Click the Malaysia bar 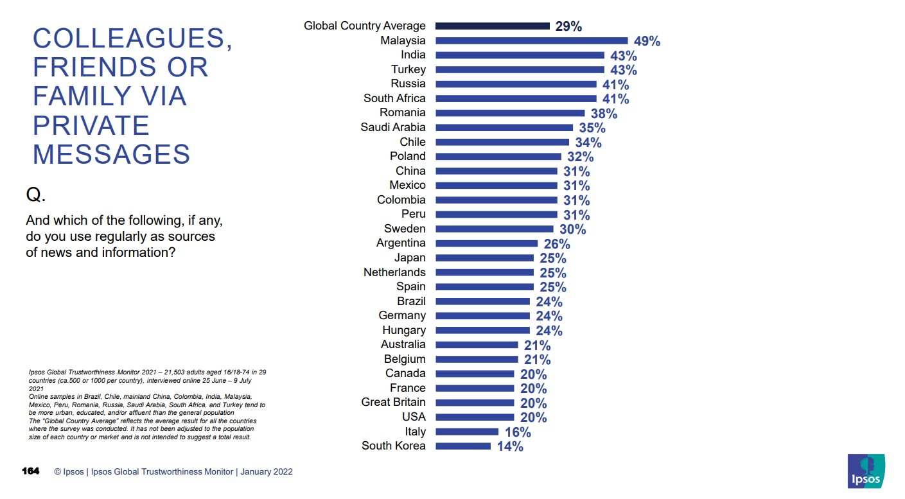pyautogui.click(x=531, y=40)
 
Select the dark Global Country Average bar pyautogui.click(x=492, y=26)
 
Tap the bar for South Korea pyautogui.click(x=462, y=446)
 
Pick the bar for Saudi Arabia pyautogui.click(x=504, y=127)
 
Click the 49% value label pyautogui.click(x=647, y=41)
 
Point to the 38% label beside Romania pyautogui.click(x=604, y=114)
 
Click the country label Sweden pyautogui.click(x=405, y=229)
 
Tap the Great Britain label pyautogui.click(x=393, y=402)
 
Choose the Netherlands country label pyautogui.click(x=394, y=272)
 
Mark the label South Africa pyautogui.click(x=394, y=98)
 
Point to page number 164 pyautogui.click(x=31, y=471)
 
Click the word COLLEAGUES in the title pyautogui.click(x=132, y=39)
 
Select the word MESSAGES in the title pyautogui.click(x=111, y=155)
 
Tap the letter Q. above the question pyautogui.click(x=35, y=195)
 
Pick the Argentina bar pyautogui.click(x=486, y=243)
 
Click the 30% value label pyautogui.click(x=572, y=229)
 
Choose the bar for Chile pyautogui.click(x=502, y=142)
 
